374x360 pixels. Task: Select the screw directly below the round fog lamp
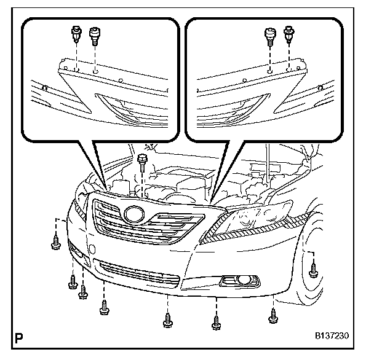[215, 321]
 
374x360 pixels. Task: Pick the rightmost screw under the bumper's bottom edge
[273, 316]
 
